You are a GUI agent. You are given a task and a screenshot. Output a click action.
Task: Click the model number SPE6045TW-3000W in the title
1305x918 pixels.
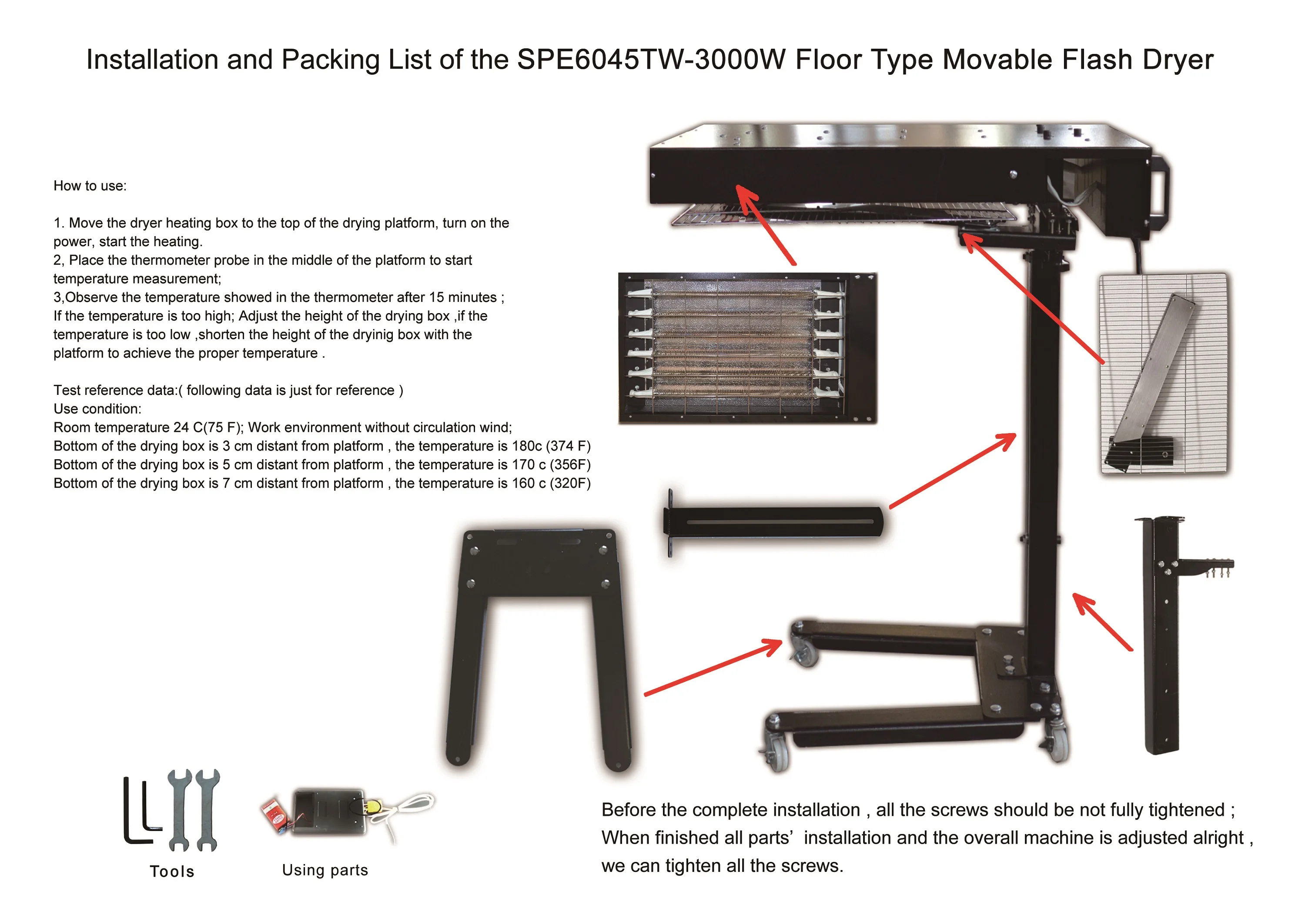click(651, 60)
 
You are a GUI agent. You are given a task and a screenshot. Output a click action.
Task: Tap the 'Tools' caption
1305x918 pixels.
click(172, 871)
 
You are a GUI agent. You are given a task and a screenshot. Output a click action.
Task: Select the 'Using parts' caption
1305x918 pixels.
click(325, 870)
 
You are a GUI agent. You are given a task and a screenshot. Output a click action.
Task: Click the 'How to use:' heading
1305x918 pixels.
click(90, 186)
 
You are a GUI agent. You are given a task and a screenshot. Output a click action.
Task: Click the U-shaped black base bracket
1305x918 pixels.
click(538, 642)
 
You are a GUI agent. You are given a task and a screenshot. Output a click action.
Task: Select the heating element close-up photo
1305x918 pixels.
click(747, 347)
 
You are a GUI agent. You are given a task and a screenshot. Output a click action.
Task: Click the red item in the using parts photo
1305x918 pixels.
click(275, 815)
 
